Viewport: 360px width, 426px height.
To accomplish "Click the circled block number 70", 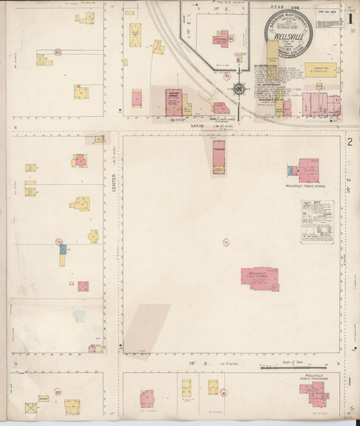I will [59, 242].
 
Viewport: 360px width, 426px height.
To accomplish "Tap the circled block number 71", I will [226, 242].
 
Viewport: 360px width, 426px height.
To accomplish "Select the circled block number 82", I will [231, 39].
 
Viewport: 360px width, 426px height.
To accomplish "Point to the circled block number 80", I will [58, 392].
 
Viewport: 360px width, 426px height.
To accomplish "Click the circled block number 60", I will [58, 51].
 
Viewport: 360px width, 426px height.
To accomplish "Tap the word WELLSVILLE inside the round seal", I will [288, 36].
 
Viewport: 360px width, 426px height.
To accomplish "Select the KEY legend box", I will [317, 221].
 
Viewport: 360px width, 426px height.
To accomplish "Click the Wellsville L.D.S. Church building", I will [259, 277].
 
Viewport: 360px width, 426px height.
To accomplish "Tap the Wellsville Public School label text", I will [308, 186].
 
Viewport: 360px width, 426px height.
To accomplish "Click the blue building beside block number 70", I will [63, 249].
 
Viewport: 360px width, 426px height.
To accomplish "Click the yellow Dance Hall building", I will [319, 70].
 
